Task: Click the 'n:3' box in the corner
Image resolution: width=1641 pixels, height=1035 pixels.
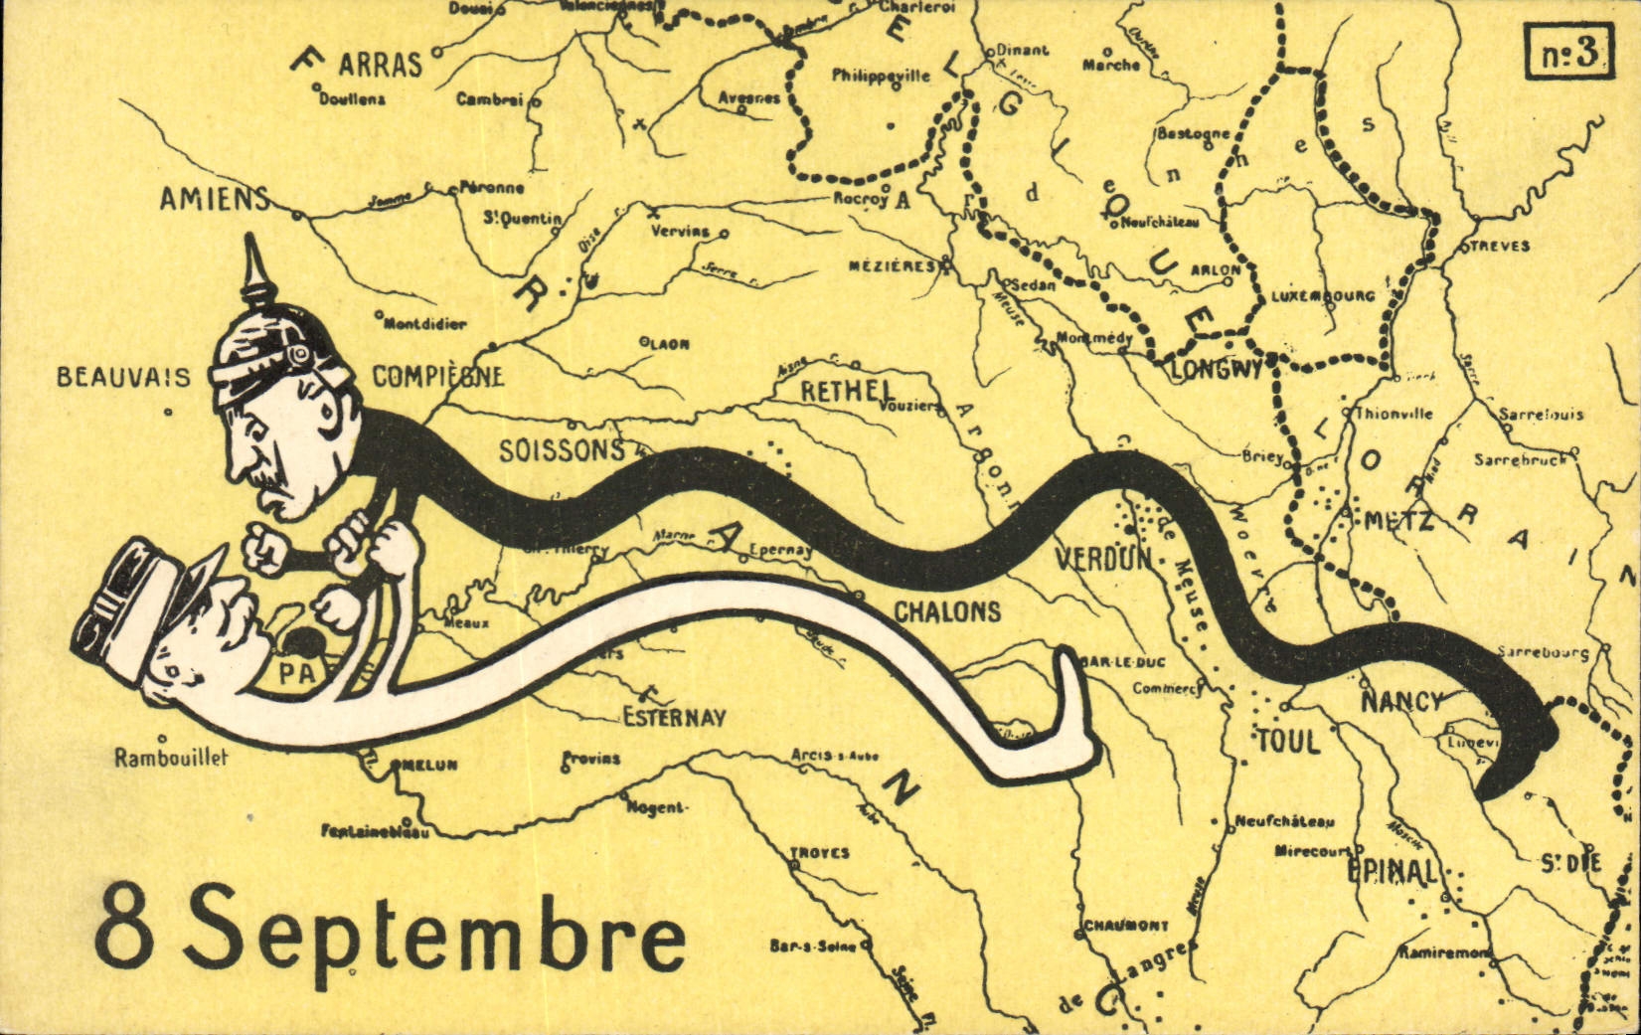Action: pyautogui.click(x=1568, y=53)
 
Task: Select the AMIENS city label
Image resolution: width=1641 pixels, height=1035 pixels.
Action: pyautogui.click(x=215, y=199)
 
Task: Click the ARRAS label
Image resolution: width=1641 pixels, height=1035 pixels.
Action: pyautogui.click(x=380, y=66)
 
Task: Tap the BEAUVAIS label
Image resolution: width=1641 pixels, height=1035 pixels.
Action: pyautogui.click(x=123, y=378)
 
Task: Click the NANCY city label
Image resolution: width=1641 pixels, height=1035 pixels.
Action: pyautogui.click(x=1400, y=702)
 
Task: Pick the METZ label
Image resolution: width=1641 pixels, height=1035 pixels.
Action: pyautogui.click(x=1398, y=520)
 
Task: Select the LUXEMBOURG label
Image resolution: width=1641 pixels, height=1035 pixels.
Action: pyautogui.click(x=1324, y=296)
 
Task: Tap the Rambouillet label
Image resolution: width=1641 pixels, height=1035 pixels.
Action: pyautogui.click(x=171, y=758)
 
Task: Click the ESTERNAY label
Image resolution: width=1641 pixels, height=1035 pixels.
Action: pyautogui.click(x=675, y=717)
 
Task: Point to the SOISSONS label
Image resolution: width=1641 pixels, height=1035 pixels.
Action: pyautogui.click(x=562, y=450)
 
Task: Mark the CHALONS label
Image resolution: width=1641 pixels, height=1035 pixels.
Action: pyautogui.click(x=947, y=611)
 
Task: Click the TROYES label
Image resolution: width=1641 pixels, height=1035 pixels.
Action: pyautogui.click(x=819, y=853)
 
